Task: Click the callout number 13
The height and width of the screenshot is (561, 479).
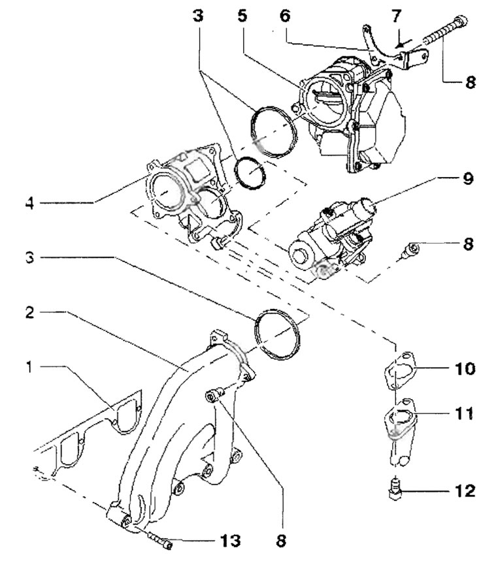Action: point(229,540)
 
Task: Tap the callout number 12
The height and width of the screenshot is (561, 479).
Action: point(465,490)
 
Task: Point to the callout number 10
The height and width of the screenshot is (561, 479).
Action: point(465,368)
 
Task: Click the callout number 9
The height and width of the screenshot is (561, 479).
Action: point(468,178)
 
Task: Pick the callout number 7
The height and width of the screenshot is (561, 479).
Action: point(395,16)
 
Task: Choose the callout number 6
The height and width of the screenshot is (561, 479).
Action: point(285,16)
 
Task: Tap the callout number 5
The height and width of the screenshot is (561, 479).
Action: point(242,16)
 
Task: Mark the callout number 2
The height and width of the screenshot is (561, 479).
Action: point(30,312)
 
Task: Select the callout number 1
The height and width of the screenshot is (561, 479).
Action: point(29,366)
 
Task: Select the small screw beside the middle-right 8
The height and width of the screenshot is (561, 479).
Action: point(409,251)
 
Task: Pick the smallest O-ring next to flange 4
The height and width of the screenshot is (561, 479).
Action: point(250,172)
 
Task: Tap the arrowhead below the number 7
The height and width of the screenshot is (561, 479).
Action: point(398,44)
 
